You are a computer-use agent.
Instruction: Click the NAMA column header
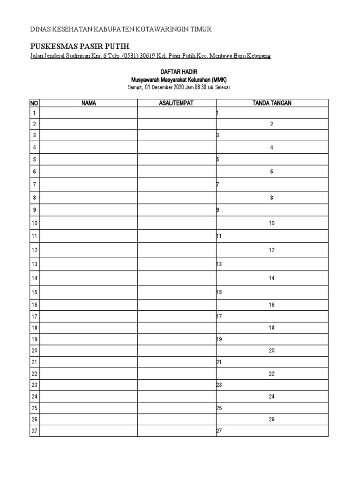point(89,103)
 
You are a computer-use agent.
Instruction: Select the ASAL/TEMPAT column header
point(176,103)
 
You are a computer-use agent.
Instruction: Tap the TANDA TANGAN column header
point(272,103)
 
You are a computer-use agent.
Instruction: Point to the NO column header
point(34,103)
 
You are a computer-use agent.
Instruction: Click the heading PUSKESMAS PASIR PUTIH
point(79,46)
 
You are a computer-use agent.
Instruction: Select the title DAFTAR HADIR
point(180,73)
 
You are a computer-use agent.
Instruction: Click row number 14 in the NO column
point(34,278)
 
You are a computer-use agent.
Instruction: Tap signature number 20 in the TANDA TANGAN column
point(271,351)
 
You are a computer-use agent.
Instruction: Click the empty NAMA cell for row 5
point(89,159)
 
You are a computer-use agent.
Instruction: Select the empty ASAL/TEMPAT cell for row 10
point(176,224)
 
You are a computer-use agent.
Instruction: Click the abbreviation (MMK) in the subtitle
point(218,80)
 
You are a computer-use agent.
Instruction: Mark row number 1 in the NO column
point(34,113)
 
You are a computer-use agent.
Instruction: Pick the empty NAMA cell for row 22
point(89,374)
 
